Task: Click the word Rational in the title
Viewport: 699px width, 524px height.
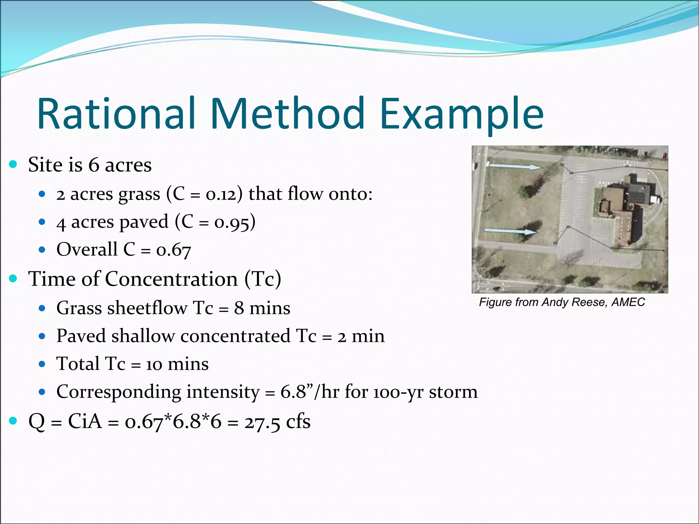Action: point(116,114)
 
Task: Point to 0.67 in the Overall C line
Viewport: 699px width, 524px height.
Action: point(173,250)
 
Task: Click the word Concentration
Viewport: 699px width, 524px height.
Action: point(171,279)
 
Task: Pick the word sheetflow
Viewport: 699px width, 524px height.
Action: point(147,308)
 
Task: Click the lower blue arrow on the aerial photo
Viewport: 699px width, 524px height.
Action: point(510,231)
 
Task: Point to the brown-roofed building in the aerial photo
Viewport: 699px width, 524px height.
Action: point(614,208)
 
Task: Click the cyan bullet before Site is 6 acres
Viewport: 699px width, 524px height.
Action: point(13,164)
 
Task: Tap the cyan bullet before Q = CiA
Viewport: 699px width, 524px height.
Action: point(13,421)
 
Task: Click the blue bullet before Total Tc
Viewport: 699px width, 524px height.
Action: point(42,364)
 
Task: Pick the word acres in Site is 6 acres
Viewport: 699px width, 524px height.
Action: point(128,165)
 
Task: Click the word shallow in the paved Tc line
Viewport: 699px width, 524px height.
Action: point(143,336)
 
